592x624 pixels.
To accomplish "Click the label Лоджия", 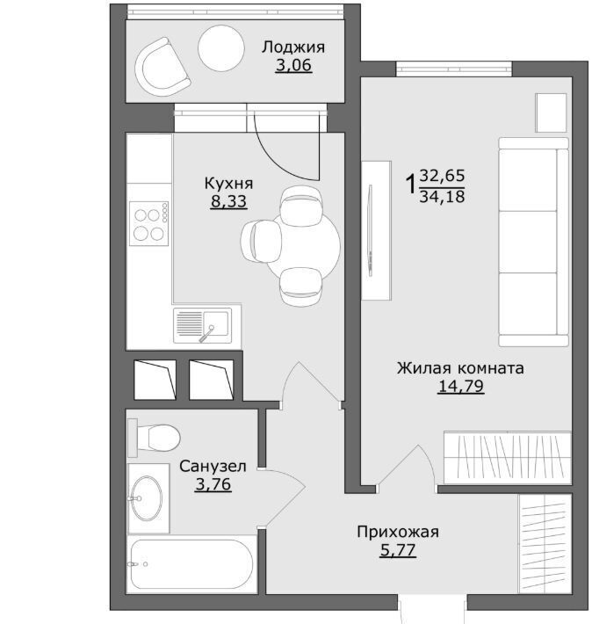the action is click(293, 47).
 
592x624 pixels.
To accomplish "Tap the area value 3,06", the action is click(293, 65).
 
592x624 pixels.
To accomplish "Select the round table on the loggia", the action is click(220, 48).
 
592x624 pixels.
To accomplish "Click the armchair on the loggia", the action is click(162, 67).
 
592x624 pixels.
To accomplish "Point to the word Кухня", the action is click(228, 184).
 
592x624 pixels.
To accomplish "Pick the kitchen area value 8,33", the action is click(228, 201).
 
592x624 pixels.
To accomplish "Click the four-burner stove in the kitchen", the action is click(148, 223).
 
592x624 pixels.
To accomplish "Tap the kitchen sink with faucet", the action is click(203, 325).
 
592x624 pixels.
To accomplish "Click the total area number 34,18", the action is click(442, 197).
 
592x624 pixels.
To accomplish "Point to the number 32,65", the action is click(442, 176).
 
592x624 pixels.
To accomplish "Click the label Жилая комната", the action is click(460, 368).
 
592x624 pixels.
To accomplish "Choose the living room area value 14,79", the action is click(461, 386).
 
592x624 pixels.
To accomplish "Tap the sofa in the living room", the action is click(533, 242).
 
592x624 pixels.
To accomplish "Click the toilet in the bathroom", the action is click(154, 438).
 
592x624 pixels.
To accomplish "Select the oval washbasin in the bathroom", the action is click(147, 498).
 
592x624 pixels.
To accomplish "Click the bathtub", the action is click(191, 564).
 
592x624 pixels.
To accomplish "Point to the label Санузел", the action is click(213, 467).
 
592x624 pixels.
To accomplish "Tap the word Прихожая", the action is click(398, 532).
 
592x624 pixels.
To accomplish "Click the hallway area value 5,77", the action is click(398, 550).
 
